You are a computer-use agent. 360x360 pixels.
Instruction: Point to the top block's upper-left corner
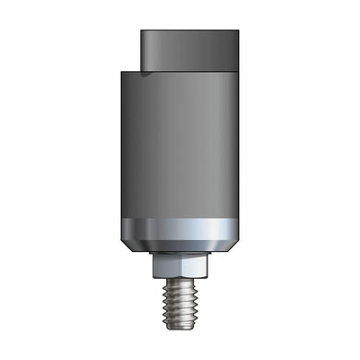tap(142, 31)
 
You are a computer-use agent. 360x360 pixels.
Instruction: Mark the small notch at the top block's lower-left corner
tap(145, 71)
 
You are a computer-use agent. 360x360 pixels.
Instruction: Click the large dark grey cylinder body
tap(181, 148)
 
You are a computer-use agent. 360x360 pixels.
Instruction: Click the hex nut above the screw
tap(181, 269)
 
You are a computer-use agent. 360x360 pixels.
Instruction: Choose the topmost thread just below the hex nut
tap(181, 283)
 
